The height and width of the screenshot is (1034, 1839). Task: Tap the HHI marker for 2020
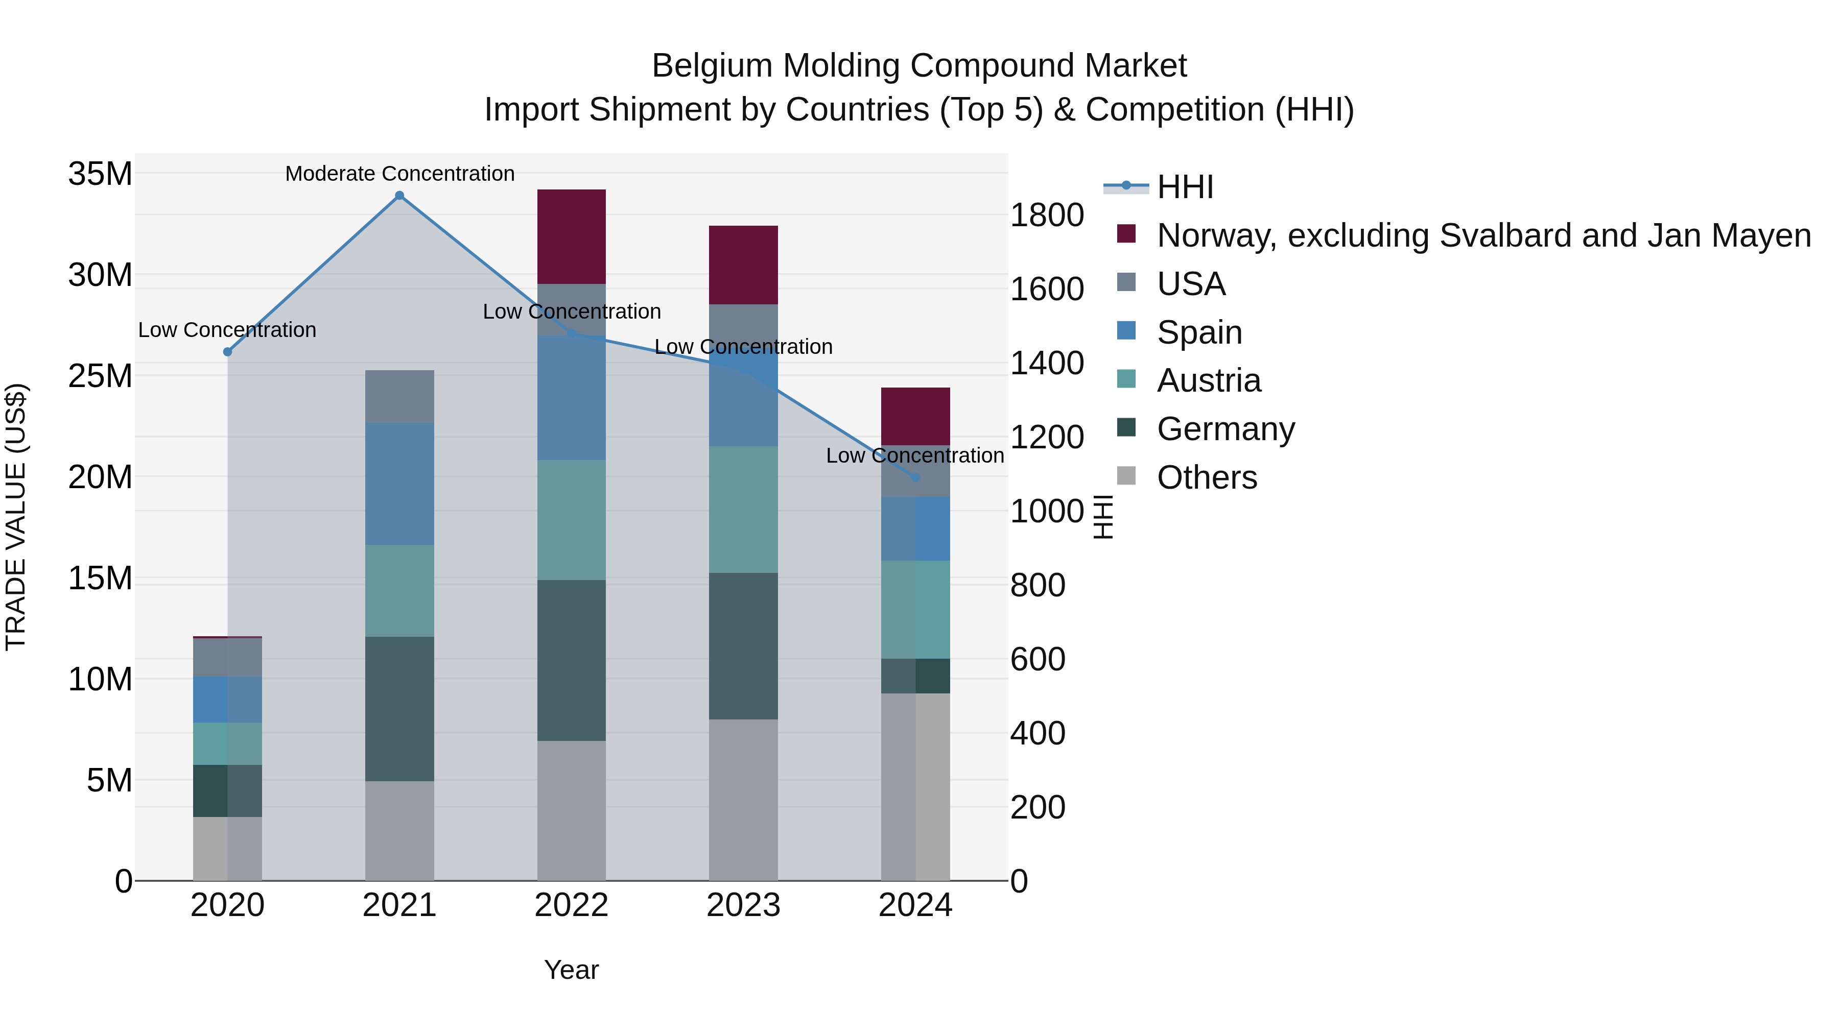(x=228, y=352)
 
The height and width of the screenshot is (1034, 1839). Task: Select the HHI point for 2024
(x=915, y=477)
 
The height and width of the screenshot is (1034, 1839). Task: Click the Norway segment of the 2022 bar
(x=571, y=237)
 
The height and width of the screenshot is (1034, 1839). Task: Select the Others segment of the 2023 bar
(x=743, y=799)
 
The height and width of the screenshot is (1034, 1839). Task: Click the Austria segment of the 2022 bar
(x=571, y=519)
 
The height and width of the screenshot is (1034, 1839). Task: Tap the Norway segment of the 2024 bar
(x=915, y=417)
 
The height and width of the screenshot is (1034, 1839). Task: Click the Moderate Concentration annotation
(x=400, y=174)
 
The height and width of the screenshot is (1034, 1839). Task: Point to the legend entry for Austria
(x=1209, y=380)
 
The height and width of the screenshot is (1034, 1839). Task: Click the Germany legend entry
(x=1225, y=429)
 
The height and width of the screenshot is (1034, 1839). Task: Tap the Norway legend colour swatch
(x=1126, y=234)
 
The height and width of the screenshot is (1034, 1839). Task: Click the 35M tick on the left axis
(x=100, y=174)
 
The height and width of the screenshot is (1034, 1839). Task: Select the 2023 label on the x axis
(x=743, y=905)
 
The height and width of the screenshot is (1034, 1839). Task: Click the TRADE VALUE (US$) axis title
(x=16, y=517)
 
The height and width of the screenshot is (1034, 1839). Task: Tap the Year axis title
(x=571, y=970)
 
